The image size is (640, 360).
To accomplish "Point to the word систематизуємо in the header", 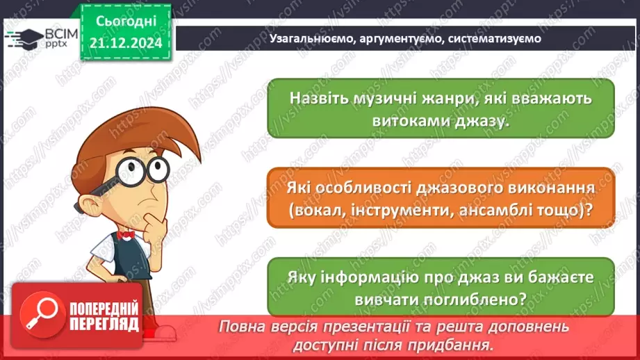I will tap(495, 39).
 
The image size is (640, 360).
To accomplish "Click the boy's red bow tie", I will tap(126, 236).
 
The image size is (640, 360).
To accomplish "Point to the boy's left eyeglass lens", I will tap(130, 170).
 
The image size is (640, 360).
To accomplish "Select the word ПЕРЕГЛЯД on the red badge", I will tap(102, 325).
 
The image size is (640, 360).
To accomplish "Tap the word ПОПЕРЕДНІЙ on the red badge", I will tap(102, 306).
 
